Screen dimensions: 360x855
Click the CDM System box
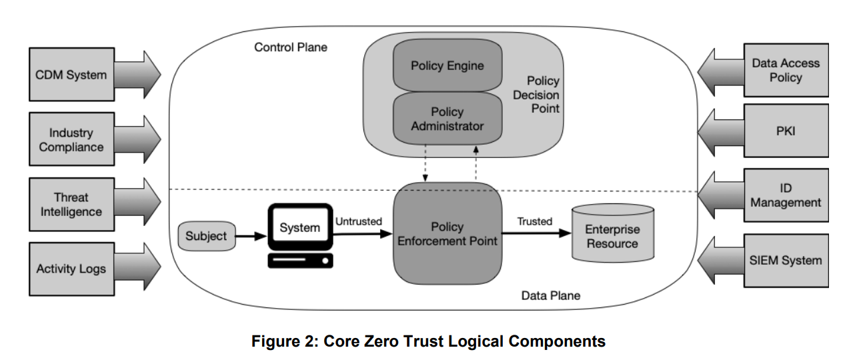point(71,75)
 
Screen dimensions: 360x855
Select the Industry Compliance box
point(71,139)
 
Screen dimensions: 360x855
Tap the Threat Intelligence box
point(71,205)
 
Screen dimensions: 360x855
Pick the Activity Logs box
point(71,269)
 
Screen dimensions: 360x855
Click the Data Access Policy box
point(786,70)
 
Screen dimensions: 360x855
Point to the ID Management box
point(786,195)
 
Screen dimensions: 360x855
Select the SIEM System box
point(786,260)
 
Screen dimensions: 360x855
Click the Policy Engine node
point(447,66)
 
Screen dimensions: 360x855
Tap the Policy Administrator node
point(447,119)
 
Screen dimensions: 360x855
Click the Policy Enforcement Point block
point(447,233)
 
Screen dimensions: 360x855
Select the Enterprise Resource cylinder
point(612,237)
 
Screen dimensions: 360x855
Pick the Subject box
point(206,236)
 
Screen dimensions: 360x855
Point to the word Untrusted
point(358,221)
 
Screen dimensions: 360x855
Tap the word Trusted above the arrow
point(535,221)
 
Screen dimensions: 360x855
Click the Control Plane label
point(291,47)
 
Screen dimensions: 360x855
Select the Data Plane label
point(550,295)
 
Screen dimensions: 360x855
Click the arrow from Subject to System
point(251,236)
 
